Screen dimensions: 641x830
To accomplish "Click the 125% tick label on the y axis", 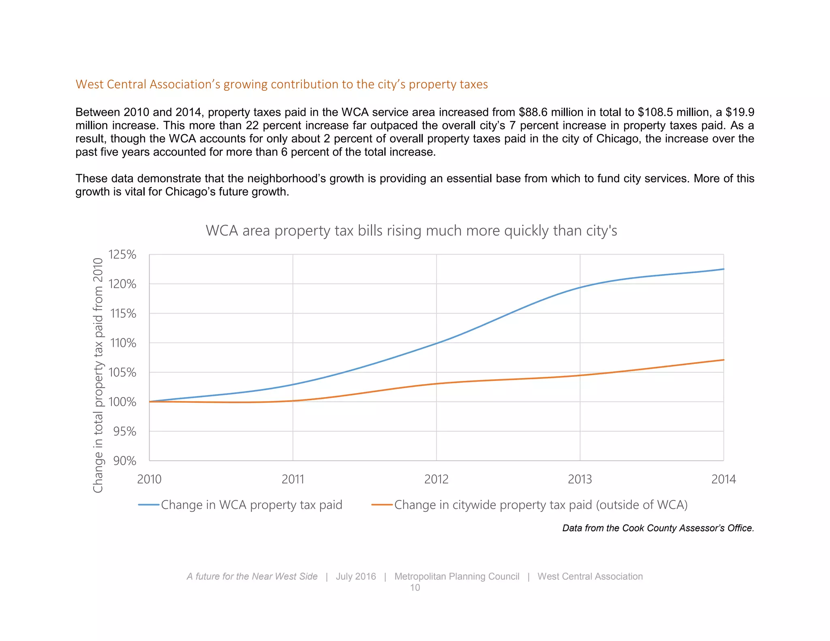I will click(x=122, y=254).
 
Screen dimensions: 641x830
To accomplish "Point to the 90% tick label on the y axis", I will click(x=124, y=461).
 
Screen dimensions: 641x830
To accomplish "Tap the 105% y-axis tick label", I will click(x=122, y=372).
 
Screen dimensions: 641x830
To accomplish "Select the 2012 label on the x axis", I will click(x=436, y=479).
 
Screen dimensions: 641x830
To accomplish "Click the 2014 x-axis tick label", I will click(x=723, y=479).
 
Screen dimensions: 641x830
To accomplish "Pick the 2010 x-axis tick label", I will click(x=149, y=479).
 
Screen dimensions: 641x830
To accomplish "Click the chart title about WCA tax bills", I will click(x=411, y=231).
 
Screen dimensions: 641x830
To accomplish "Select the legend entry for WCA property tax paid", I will click(x=251, y=505).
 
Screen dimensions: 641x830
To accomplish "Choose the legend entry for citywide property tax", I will click(x=541, y=505).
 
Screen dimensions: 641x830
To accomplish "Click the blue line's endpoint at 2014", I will click(x=723, y=269).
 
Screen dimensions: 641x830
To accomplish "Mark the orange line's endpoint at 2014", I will click(x=723, y=360).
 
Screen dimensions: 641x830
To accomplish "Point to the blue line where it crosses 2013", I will click(x=580, y=288).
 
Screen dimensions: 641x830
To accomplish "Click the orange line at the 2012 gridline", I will click(x=436, y=383).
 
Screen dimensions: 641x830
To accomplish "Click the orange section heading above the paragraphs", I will click(x=282, y=84).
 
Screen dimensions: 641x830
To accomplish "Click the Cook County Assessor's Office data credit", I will click(x=658, y=528).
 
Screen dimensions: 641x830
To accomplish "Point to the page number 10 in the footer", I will click(x=415, y=588).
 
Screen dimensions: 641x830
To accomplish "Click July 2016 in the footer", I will click(x=355, y=576).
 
